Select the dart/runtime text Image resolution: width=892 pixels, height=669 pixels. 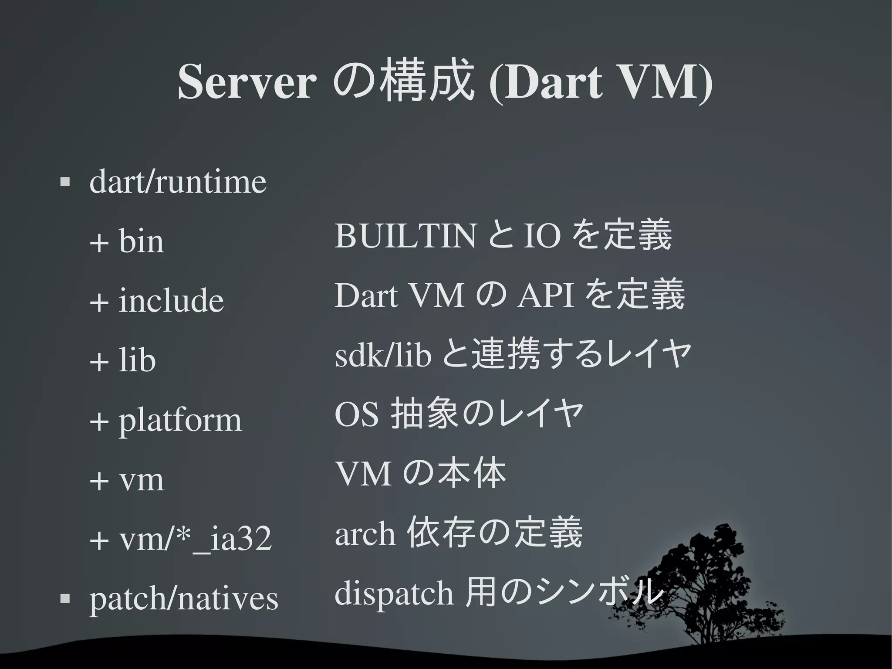[178, 182]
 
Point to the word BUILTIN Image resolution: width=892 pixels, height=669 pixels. [405, 236]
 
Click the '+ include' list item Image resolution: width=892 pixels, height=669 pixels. [156, 301]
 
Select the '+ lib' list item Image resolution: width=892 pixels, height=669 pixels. [122, 360]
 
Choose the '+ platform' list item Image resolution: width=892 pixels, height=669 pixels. [166, 421]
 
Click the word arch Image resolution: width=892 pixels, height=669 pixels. [365, 534]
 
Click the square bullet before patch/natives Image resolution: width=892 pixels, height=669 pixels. [65, 598]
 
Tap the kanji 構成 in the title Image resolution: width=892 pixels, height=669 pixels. [427, 81]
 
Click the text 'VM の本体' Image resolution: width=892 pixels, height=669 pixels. [420, 474]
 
